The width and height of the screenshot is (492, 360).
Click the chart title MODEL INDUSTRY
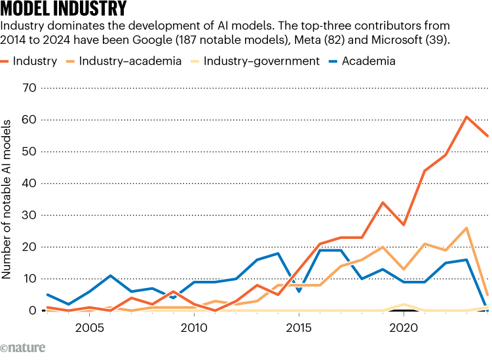click(x=64, y=10)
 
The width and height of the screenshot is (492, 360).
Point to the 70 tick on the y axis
click(x=29, y=88)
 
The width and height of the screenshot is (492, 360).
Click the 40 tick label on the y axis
click(x=29, y=183)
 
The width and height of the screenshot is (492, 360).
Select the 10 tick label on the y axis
click(x=29, y=279)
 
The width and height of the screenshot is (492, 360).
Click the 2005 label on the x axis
click(x=88, y=326)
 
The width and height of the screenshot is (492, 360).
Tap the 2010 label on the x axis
click(x=193, y=326)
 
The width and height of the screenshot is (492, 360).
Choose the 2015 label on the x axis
click(x=298, y=326)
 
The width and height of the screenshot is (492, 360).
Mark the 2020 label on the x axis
click(x=403, y=326)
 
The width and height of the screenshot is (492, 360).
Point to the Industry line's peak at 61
click(x=466, y=117)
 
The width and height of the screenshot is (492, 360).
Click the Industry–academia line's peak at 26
click(x=466, y=228)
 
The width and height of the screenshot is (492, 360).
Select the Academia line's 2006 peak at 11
click(x=110, y=276)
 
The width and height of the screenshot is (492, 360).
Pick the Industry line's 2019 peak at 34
click(x=382, y=202)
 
